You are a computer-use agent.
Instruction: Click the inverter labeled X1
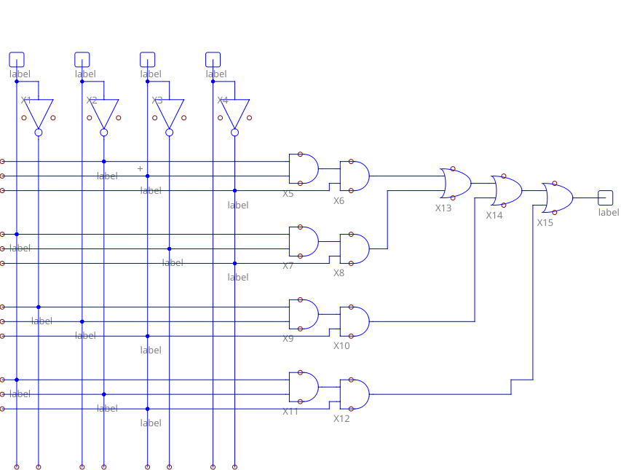39,114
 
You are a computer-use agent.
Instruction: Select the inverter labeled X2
104,114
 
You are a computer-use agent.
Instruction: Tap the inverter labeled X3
170,114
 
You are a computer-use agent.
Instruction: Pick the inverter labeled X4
234,114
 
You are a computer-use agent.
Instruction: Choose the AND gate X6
355,176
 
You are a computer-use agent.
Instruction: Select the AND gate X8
355,248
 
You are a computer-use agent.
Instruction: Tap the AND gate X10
355,321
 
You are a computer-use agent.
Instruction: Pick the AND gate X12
355,394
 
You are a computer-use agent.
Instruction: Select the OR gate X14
507,190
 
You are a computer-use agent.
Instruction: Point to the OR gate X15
558,197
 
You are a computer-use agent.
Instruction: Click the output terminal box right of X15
606,197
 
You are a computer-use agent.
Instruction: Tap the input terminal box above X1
17,59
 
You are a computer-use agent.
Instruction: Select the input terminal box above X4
213,59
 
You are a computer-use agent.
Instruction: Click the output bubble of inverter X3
170,133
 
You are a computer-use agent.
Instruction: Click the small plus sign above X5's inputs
141,168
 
